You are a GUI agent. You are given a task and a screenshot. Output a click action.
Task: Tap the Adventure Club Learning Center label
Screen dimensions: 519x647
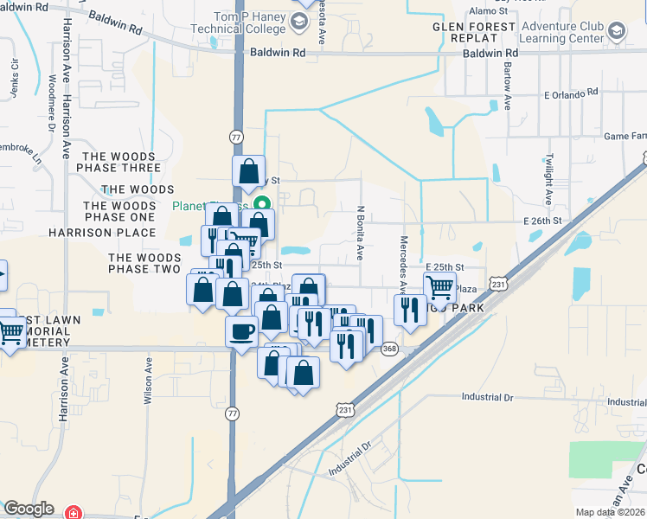561,33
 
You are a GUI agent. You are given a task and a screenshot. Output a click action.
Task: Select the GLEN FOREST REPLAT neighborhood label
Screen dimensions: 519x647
475,33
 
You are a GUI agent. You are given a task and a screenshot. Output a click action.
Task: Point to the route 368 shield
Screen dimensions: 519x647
389,349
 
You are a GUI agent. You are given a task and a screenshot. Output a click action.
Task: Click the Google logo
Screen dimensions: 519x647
29,509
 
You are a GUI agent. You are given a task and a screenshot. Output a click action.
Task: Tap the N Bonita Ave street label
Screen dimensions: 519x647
360,233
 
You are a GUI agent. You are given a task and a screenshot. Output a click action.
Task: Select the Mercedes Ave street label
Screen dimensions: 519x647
403,262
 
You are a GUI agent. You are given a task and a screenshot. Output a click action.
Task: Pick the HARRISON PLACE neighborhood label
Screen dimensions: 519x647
102,233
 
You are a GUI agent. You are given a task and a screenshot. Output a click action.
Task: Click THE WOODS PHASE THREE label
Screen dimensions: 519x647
119,162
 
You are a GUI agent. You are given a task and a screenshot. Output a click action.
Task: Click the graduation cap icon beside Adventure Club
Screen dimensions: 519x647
617,33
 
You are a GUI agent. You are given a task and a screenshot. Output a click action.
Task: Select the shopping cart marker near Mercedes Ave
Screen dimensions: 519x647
440,285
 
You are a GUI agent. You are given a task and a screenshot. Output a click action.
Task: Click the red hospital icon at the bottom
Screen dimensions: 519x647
75,512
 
